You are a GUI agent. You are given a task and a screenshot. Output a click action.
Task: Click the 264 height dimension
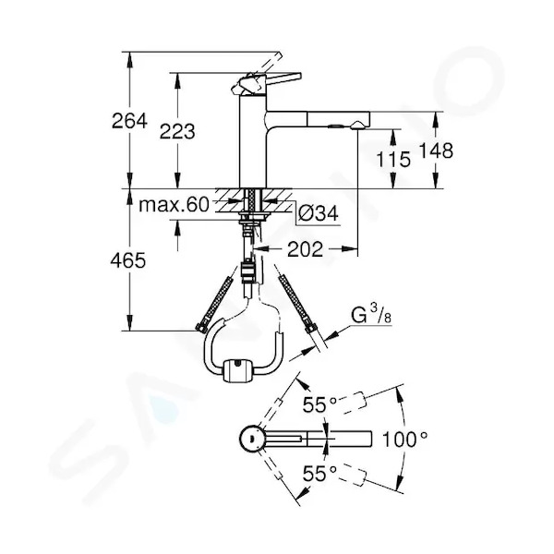coord(129,121)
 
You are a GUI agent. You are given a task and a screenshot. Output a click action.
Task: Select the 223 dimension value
coord(177,132)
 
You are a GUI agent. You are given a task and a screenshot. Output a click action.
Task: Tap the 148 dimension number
coord(436,151)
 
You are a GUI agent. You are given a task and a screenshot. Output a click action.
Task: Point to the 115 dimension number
coord(393,160)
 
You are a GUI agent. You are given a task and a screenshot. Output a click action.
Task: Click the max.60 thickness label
coord(174,205)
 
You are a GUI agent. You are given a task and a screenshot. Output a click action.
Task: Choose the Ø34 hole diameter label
coord(318,213)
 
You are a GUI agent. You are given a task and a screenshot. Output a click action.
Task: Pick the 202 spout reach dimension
coord(306,250)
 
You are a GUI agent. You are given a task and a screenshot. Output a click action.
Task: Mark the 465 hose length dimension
coord(128,261)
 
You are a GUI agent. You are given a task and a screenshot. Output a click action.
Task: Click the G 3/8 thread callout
coord(371,315)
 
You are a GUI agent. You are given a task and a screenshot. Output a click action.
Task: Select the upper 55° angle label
coord(319,404)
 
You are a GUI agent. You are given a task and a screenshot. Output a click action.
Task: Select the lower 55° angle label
coord(319,474)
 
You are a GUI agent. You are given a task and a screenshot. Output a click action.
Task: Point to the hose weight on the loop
coord(238,370)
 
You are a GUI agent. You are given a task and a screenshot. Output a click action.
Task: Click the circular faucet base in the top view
coord(252,439)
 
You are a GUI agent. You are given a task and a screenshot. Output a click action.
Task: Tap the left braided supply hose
coord(214,303)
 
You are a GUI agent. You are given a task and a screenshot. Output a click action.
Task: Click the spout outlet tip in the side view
coord(357,126)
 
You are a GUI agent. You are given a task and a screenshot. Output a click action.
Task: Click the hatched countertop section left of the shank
coord(229,200)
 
